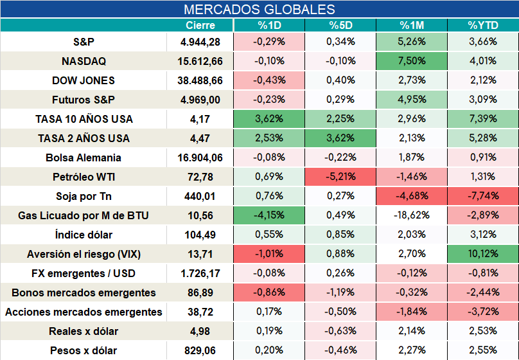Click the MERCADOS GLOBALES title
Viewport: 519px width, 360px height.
pos(259,9)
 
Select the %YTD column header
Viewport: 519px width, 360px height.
pos(483,25)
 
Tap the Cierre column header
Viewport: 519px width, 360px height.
pos(200,25)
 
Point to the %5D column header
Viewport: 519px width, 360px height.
pos(340,25)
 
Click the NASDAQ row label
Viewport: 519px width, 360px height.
pos(84,61)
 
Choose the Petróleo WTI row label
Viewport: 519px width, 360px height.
pos(84,177)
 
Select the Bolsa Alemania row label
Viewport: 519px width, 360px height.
pos(84,157)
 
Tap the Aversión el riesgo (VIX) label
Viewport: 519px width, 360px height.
pos(84,254)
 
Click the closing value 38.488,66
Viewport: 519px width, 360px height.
pos(200,80)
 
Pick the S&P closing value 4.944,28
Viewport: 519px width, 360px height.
pos(200,42)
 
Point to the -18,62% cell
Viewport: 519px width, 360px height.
pos(412,215)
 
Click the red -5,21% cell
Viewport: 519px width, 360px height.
pos(340,177)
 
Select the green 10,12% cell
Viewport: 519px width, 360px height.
pos(483,254)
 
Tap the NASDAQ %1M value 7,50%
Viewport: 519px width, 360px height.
pos(412,61)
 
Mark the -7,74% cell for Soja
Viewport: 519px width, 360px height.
pos(483,195)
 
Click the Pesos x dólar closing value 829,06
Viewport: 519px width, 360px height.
pos(200,350)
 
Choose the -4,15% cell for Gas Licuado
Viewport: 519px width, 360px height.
pos(269,215)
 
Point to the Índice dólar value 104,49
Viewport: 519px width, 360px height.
pos(200,235)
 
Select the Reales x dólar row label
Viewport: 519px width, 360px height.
pos(84,331)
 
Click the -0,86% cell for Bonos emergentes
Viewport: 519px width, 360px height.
pos(269,292)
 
